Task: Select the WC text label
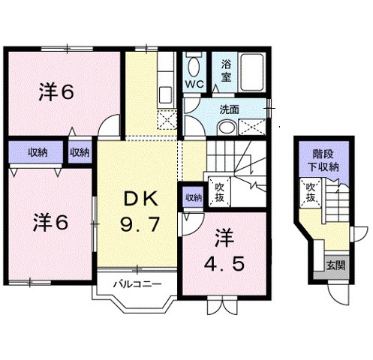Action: pos(194,83)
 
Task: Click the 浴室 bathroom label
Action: pos(226,71)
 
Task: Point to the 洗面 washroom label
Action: pos(229,109)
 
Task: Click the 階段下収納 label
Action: pos(322,160)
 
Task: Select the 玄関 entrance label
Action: pos(333,265)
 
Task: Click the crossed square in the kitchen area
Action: pos(167,119)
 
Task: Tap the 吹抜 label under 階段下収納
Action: pos(309,193)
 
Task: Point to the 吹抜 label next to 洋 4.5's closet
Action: pos(219,192)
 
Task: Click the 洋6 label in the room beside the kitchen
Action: pos(55,93)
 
